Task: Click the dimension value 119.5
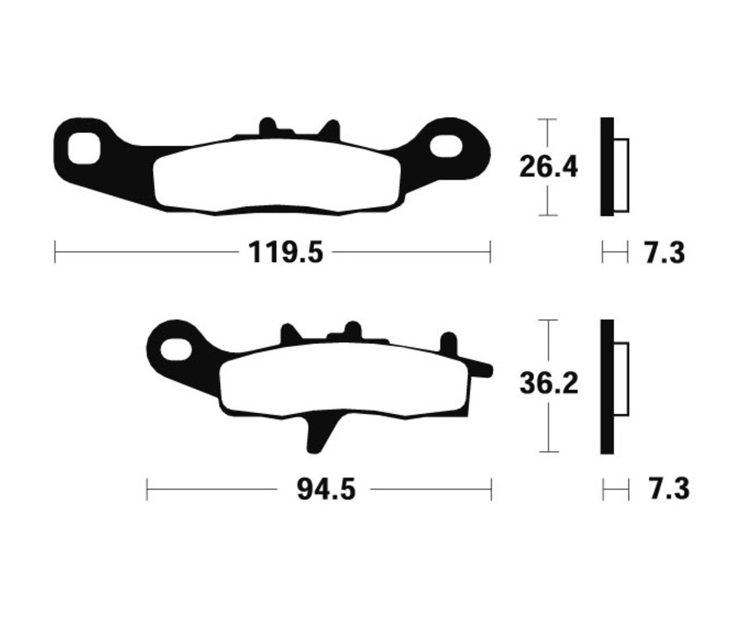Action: pos(286,252)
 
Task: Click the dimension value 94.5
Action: pos(325,490)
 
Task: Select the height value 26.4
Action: pos(548,167)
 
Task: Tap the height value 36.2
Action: pos(548,384)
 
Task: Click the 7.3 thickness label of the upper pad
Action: pos(665,252)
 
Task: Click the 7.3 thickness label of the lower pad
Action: pos(668,489)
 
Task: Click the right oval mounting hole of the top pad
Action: pos(446,146)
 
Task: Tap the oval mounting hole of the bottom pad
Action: pos(175,348)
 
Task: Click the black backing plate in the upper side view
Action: pos(607,167)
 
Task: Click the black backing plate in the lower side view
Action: pos(607,386)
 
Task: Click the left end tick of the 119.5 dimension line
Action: pos(55,251)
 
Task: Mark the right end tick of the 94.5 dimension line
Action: pos(491,489)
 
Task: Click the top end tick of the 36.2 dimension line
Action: pos(548,320)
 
